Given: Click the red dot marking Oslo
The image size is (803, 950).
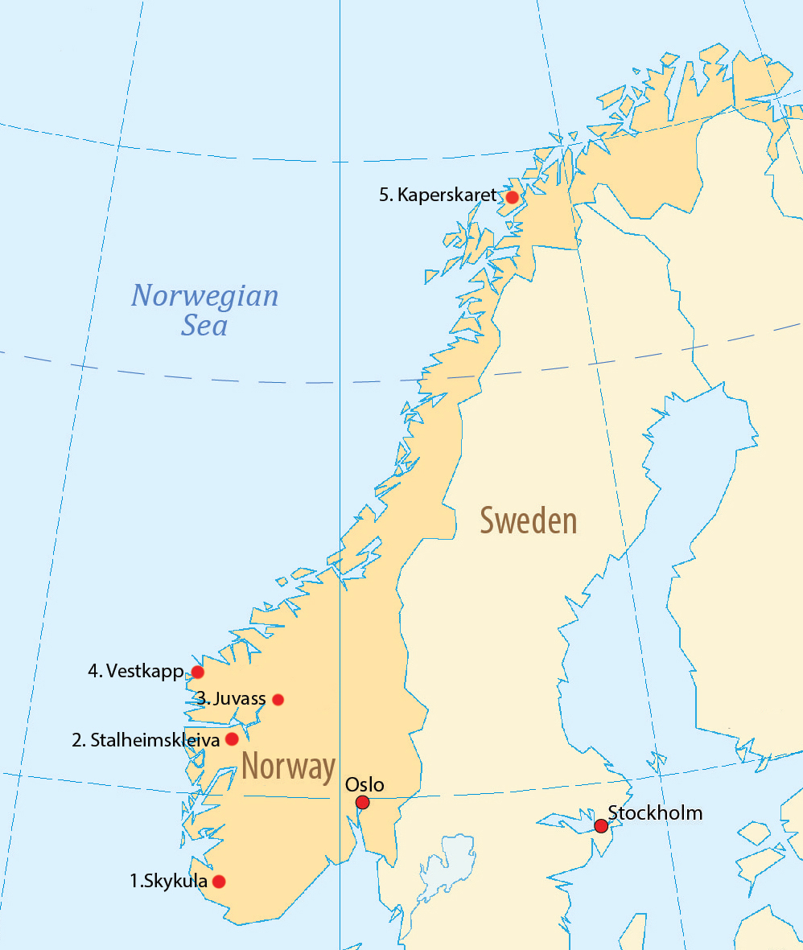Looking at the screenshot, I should [362, 802].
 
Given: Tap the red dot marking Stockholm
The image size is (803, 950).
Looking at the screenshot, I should [600, 825].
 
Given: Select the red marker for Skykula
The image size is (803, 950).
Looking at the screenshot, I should [218, 881].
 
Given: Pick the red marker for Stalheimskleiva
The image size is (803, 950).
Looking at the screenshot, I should [232, 738].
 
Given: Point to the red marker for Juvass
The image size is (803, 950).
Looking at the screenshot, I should [278, 699].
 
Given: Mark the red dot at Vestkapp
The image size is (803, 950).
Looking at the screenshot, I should [197, 672].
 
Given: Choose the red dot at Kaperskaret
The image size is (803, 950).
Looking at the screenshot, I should [512, 196].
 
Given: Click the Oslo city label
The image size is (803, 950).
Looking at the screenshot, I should [364, 784].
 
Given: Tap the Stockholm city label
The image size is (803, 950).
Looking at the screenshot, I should [655, 812].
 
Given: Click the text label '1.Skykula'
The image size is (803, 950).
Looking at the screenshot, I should [168, 881].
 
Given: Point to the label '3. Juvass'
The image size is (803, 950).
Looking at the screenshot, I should [231, 698].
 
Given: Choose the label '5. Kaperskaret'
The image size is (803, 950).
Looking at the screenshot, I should [439, 195].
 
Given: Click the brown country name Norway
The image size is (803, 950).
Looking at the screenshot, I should [288, 767].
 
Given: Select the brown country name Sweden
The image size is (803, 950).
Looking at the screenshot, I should [529, 520].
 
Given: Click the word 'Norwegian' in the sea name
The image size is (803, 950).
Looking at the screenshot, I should [205, 296].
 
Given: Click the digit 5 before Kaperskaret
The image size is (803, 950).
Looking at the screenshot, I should [384, 195].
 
